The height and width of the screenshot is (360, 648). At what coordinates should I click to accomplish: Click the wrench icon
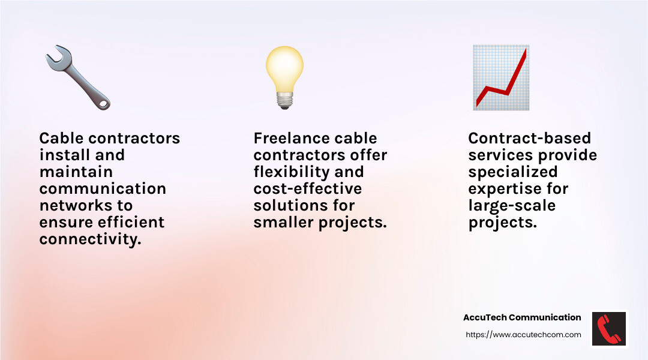click(x=77, y=77)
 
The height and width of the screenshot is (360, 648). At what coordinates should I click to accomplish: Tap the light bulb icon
click(x=284, y=77)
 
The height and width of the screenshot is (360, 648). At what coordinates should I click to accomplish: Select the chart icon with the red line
click(x=500, y=77)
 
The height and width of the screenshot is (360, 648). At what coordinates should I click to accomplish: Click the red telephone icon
click(x=609, y=328)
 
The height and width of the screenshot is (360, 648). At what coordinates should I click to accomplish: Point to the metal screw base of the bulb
click(x=284, y=101)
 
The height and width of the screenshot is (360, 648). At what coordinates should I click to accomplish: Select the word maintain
click(x=76, y=172)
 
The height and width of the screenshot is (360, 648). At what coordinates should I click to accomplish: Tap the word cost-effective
click(x=308, y=188)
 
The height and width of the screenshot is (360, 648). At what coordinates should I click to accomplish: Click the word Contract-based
click(x=529, y=138)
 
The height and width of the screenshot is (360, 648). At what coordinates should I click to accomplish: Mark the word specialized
click(x=512, y=172)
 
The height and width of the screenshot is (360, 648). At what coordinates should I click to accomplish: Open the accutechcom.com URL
click(x=523, y=335)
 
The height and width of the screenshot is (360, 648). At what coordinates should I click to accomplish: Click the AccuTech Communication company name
click(x=522, y=317)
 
